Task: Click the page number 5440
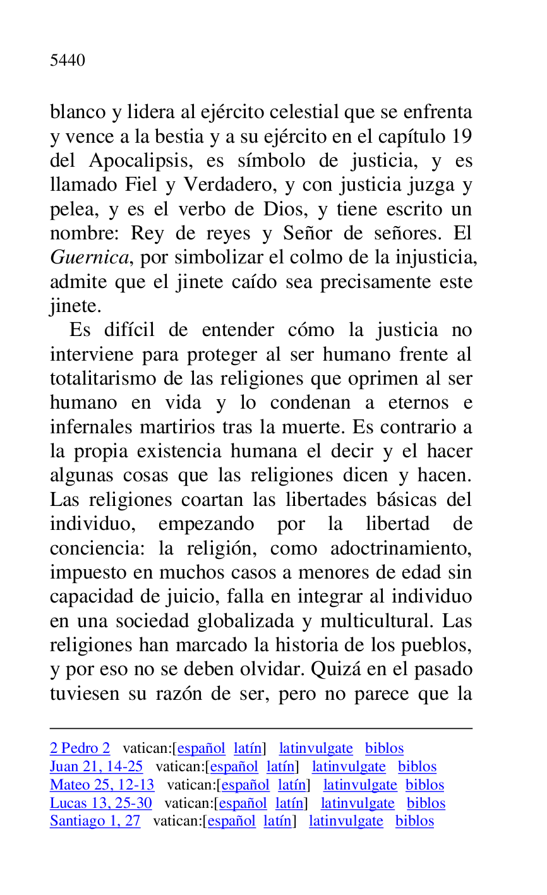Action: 67,61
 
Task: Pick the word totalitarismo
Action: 100,379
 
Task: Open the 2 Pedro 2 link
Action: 80,748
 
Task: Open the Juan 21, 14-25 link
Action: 96,767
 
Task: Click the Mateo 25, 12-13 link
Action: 102,785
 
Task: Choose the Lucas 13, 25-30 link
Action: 100,803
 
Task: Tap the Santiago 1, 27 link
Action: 95,821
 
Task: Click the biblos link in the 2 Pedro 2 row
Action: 384,748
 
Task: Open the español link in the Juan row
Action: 234,767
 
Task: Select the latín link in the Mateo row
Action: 291,785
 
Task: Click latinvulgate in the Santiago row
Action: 346,821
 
